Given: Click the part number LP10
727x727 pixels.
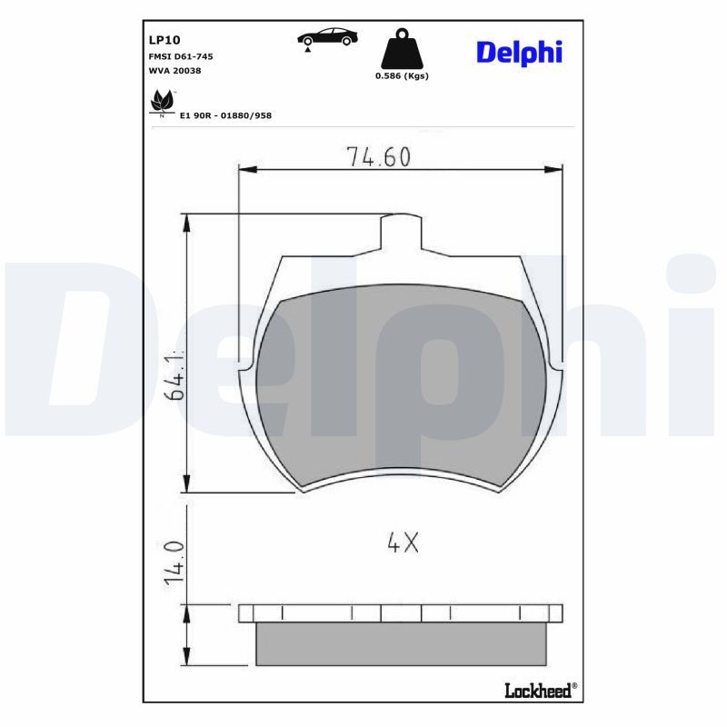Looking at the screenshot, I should click(x=164, y=40).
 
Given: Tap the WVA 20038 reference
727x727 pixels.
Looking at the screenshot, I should click(x=174, y=70).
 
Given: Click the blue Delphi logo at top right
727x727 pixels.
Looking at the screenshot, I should click(x=519, y=52).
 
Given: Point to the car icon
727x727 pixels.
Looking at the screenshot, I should click(x=327, y=37).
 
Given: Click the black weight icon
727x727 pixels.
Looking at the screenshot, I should click(x=401, y=49).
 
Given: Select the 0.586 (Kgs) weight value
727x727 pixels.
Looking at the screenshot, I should click(x=402, y=76).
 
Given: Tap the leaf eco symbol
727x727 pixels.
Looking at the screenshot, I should click(x=163, y=101).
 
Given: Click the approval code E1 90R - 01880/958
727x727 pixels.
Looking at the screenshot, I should click(x=225, y=115).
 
